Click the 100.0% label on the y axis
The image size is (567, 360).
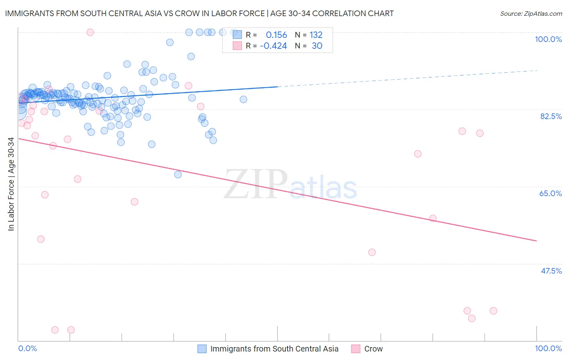tap(548, 39)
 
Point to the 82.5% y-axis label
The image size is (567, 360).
tap(551, 116)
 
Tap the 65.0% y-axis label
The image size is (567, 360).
tap(550, 193)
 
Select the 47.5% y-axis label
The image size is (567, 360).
tap(551, 271)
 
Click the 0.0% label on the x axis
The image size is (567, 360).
tap(27, 348)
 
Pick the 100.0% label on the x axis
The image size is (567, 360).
tap(548, 348)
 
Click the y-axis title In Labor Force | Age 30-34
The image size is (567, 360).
tap(11, 184)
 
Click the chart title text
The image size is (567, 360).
tap(199, 13)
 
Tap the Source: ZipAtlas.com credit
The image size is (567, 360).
tap(531, 13)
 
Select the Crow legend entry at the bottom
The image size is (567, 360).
tap(373, 349)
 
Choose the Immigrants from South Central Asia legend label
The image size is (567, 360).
tap(274, 349)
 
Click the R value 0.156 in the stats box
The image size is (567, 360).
tap(276, 35)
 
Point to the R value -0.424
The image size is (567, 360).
tap(273, 46)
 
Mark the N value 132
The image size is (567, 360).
tap(316, 35)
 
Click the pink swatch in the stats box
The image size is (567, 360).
tap(237, 46)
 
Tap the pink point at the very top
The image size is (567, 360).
tap(90, 32)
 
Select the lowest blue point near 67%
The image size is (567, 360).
tap(178, 174)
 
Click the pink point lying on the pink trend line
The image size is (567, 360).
tap(433, 218)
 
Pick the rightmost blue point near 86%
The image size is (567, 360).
tap(243, 99)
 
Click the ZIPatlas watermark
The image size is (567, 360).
tap(290, 185)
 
